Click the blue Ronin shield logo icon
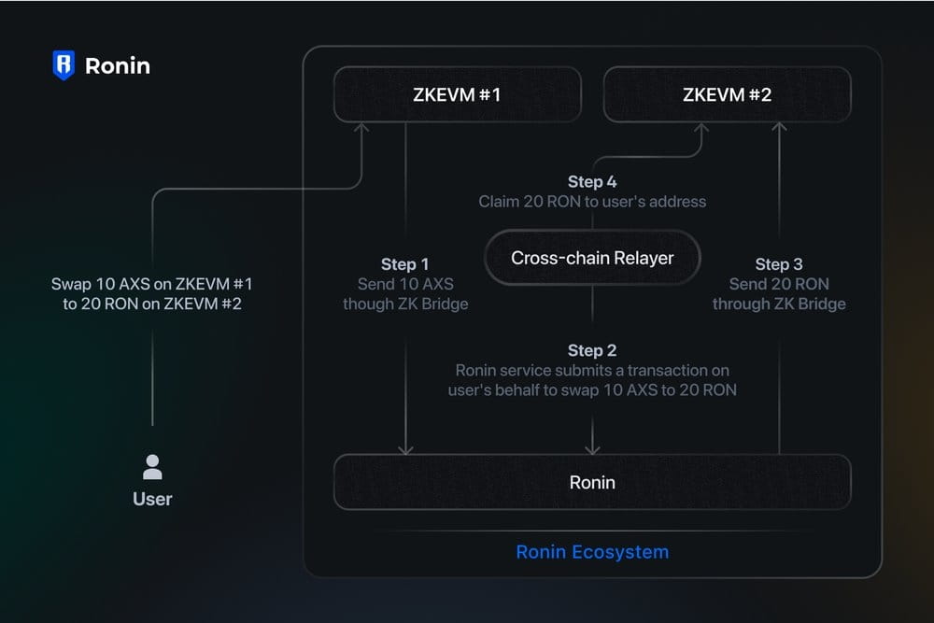coord(64,65)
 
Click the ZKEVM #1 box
coord(457,94)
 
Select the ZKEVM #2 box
coord(727,94)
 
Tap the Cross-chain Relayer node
coord(592,258)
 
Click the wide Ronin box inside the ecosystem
coord(592,482)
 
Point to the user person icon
coord(152,466)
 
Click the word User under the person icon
coord(152,499)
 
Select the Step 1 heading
coord(404,264)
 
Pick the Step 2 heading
coord(592,350)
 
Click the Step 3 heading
coord(779,264)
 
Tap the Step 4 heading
coord(592,181)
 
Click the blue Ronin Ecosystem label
coord(592,551)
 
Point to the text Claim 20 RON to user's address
coord(592,201)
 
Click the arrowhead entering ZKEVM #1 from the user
coord(361,127)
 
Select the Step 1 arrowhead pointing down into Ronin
coord(405,449)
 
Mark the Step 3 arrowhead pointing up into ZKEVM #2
coord(780,127)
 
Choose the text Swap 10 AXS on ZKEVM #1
coord(151,283)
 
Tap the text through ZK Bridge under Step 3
coord(779,304)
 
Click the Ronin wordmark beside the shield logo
coord(117,65)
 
